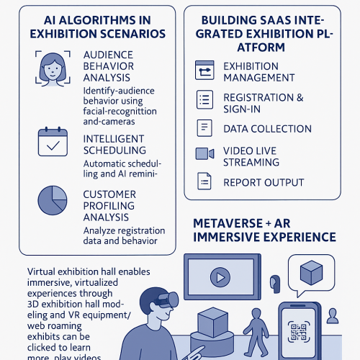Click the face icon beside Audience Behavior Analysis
[x=53, y=68]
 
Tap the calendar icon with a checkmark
[x=53, y=142]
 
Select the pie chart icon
[x=53, y=200]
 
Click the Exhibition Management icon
[x=204, y=70]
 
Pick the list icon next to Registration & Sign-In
[x=204, y=99]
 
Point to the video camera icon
[x=204, y=153]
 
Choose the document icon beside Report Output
[x=204, y=181]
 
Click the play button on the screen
[x=220, y=277]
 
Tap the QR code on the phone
[x=299, y=332]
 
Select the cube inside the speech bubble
[x=311, y=273]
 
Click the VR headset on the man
[x=168, y=300]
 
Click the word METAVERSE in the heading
[x=228, y=223]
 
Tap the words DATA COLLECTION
[x=267, y=129]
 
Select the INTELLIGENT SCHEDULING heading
[x=114, y=145]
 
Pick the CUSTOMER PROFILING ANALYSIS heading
[x=109, y=206]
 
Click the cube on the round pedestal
[x=212, y=322]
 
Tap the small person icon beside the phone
[x=333, y=316]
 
